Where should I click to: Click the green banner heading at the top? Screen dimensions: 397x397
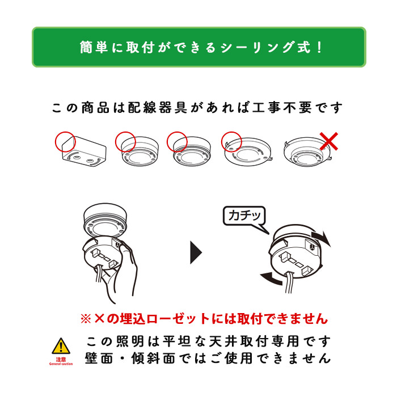[x=199, y=47]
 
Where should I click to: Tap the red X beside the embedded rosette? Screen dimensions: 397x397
[x=328, y=141]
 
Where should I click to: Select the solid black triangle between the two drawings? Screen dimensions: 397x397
[x=196, y=252]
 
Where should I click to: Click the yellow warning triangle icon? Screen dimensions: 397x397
[x=61, y=346]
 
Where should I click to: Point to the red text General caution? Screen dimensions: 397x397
[x=61, y=364]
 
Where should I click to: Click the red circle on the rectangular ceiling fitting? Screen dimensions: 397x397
[x=65, y=142]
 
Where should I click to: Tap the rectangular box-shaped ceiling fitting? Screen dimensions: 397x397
[x=85, y=151]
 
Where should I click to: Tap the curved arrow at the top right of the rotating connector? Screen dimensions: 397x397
[x=322, y=238]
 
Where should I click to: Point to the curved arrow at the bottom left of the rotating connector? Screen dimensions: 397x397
[x=271, y=278]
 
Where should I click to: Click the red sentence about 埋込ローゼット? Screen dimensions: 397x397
[x=204, y=319]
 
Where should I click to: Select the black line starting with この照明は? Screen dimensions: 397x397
[x=208, y=341]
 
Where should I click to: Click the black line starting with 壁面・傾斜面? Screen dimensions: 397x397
[x=208, y=358]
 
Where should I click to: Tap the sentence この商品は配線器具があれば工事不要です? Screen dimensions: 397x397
[x=197, y=108]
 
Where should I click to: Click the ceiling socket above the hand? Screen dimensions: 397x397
[x=105, y=219]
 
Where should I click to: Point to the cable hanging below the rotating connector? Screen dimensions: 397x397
[x=289, y=282]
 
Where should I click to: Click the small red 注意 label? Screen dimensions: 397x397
[x=61, y=360]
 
